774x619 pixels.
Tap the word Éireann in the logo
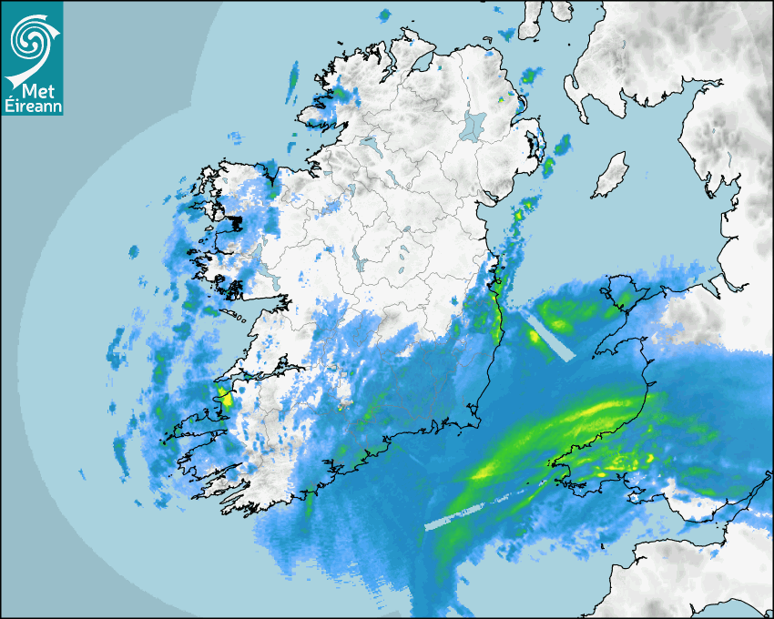tap(33, 107)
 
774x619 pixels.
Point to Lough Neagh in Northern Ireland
tap(474, 125)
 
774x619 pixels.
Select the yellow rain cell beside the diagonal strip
tap(534, 336)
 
